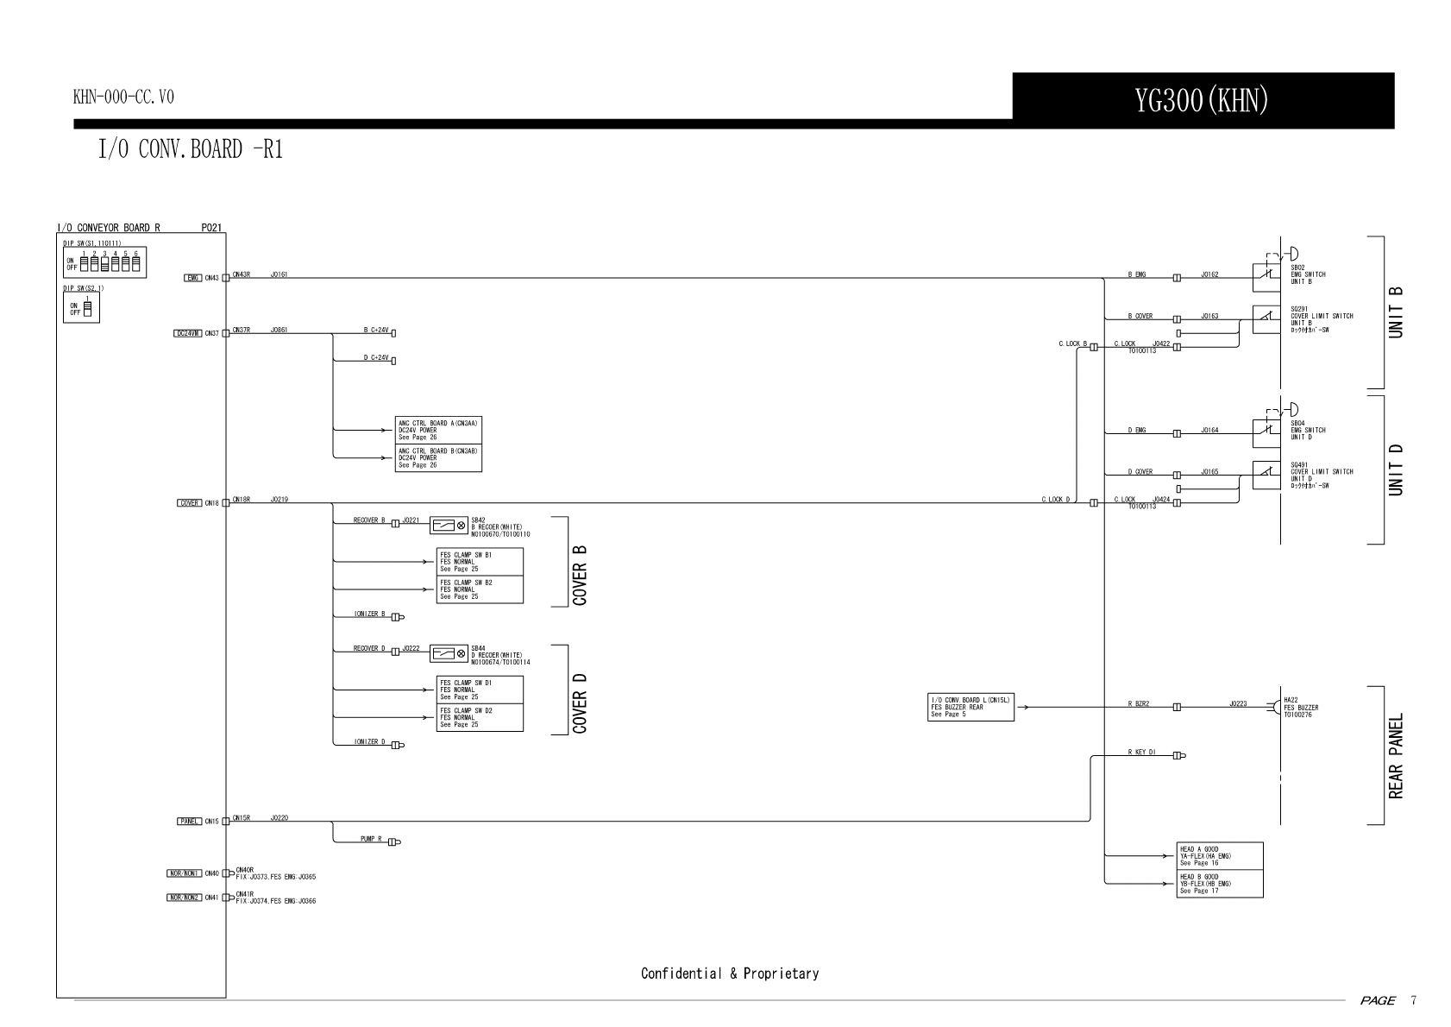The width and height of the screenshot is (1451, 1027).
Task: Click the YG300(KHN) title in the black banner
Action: click(1202, 102)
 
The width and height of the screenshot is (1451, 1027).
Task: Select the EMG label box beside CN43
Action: click(193, 278)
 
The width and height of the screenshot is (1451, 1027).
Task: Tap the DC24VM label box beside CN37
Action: click(188, 333)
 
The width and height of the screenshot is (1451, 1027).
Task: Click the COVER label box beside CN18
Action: click(190, 503)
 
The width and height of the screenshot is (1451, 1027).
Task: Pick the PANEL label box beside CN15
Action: click(190, 822)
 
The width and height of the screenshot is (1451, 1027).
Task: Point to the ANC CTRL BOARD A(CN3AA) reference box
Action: click(438, 431)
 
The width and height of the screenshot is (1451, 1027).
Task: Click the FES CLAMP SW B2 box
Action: click(480, 589)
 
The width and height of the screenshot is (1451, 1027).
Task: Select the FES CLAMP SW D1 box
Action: click(480, 690)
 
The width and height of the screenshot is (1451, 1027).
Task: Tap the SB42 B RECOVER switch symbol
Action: click(449, 525)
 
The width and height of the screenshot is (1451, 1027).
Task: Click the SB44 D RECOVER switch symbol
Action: click(449, 653)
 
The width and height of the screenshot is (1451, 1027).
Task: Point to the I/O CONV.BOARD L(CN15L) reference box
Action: click(970, 707)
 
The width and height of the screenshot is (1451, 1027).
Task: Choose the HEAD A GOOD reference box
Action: click(1220, 856)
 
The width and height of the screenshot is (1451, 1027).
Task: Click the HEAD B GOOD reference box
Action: click(1220, 884)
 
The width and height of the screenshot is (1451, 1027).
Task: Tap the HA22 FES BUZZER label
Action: click(1301, 708)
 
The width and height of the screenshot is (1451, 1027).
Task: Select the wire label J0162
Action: click(1209, 274)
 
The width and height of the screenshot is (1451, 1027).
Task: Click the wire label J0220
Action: click(280, 817)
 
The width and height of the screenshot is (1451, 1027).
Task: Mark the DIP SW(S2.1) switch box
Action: click(81, 307)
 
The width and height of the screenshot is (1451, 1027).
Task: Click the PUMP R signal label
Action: click(371, 839)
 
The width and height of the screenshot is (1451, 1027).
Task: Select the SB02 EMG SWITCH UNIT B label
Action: click(1308, 274)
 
